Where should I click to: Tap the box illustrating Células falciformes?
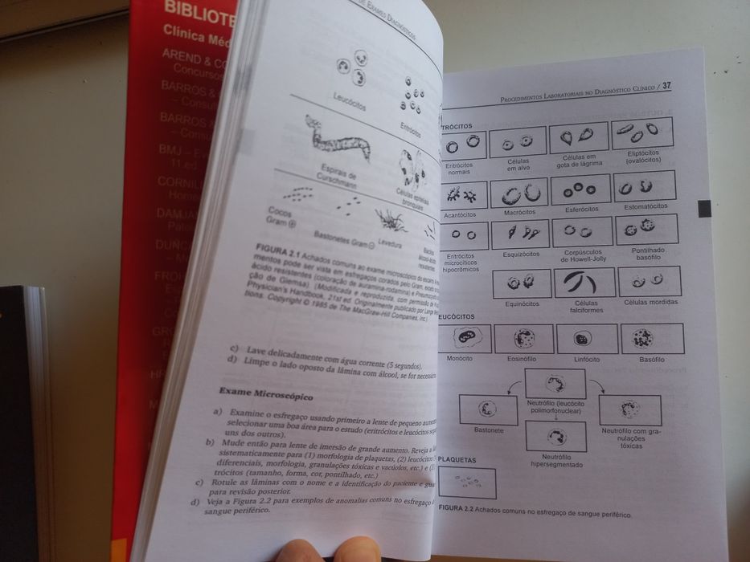point(584,282)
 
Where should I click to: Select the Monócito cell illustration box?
point(461,338)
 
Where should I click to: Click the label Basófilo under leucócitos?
point(652,360)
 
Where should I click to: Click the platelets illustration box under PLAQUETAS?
point(467,483)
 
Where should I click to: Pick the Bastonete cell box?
point(488,409)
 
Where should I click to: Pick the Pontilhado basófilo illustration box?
point(646,229)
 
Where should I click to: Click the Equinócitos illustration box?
point(522,283)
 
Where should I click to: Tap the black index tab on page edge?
point(704,208)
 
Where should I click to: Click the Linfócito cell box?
point(587,339)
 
